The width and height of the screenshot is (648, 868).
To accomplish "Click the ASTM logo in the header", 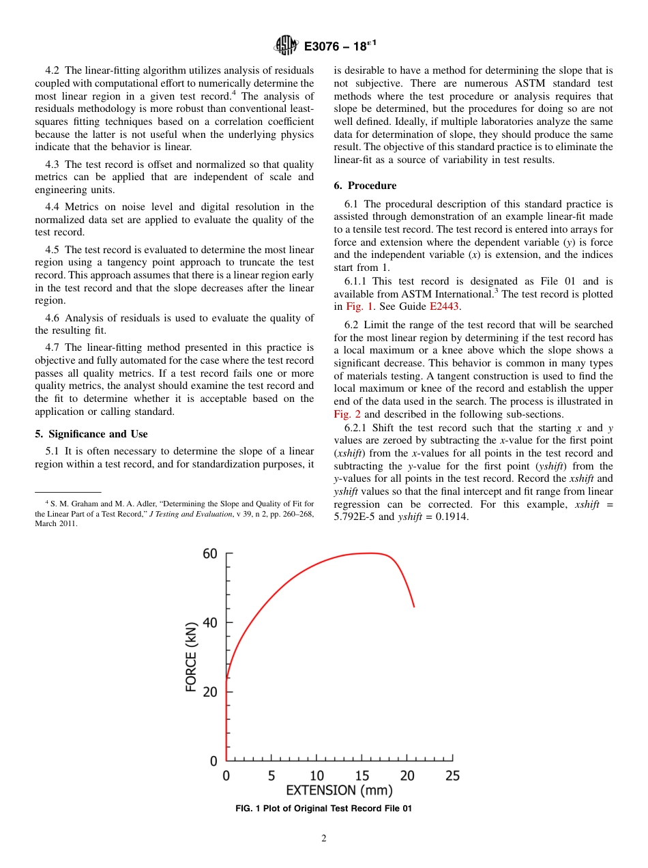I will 286,46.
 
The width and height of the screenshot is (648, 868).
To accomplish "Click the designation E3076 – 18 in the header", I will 340,46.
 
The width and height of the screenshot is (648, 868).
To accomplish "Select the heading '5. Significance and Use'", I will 91,434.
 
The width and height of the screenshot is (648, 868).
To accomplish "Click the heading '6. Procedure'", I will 365,186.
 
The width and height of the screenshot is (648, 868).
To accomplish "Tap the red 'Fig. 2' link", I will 347,414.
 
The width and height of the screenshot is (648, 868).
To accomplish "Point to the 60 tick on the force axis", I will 210,553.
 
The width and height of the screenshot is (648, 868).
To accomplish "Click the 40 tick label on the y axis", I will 210,622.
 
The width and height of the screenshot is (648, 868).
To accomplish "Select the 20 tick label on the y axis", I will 210,691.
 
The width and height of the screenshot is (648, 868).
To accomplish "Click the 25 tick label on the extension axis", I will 452,776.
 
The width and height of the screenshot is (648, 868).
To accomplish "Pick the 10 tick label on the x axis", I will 316,776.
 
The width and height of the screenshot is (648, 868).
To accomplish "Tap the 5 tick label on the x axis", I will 271,776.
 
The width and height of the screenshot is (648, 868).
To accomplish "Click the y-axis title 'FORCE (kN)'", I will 192,656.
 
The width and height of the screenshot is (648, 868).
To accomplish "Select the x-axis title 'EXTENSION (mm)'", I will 339,791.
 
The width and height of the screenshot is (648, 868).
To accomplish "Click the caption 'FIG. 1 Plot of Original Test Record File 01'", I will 323,809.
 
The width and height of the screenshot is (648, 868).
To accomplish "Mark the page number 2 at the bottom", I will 324,839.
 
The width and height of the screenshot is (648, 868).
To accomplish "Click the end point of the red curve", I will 413,606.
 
